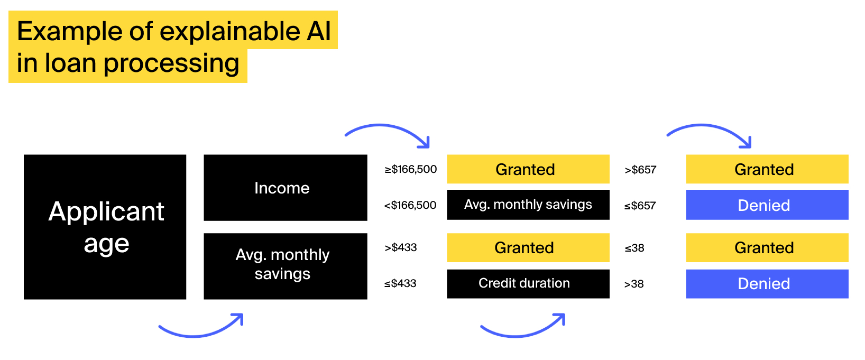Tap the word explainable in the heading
tap(229, 32)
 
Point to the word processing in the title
tap(171, 63)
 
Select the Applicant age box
tap(105, 227)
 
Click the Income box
tap(286, 188)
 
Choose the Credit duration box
tap(528, 283)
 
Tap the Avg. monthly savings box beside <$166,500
tap(528, 205)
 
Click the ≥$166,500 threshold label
tap(410, 169)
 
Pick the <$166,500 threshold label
tap(410, 205)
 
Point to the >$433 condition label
tap(400, 247)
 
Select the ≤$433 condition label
tap(400, 283)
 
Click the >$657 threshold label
tap(640, 170)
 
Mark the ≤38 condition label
tap(634, 248)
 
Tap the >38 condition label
tap(634, 284)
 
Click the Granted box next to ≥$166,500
tap(528, 169)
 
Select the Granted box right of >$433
tap(528, 247)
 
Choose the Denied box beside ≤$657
tap(767, 205)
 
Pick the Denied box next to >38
tap(767, 283)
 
